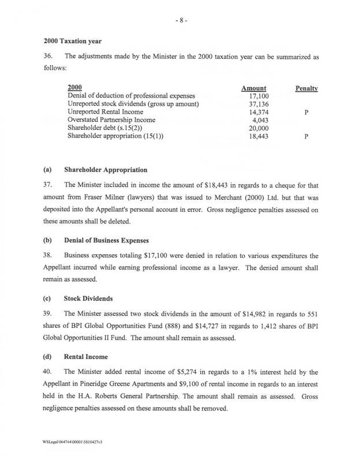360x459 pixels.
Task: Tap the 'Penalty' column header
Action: coord(307,89)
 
